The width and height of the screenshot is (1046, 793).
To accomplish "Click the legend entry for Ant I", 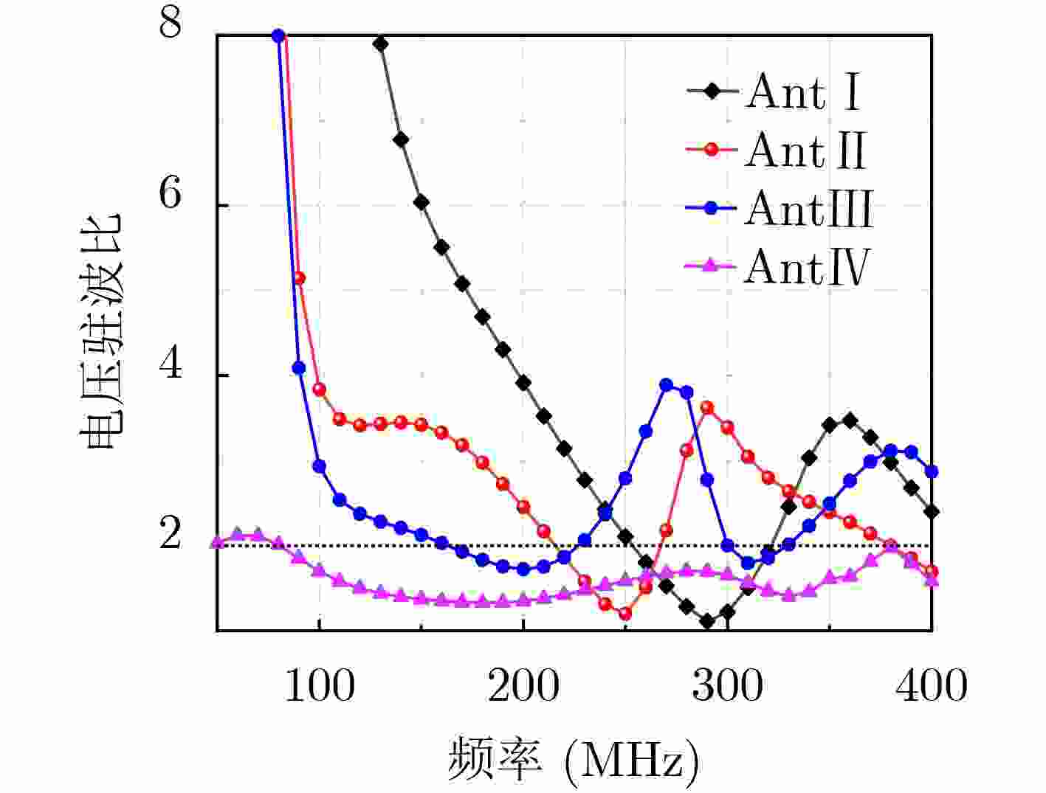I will (802, 92).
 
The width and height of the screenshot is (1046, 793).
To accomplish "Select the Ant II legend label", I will (805, 150).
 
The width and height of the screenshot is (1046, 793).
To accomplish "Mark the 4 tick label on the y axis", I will (171, 365).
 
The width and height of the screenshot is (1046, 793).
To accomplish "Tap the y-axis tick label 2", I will (171, 535).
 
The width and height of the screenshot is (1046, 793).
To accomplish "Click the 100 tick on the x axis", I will (319, 686).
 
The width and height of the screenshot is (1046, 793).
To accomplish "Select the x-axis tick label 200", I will (523, 686).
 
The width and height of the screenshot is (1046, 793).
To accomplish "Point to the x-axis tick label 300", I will (727, 686).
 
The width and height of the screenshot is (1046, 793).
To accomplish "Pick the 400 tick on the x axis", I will (932, 686).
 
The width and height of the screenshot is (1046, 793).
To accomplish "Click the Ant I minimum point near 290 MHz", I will (707, 621).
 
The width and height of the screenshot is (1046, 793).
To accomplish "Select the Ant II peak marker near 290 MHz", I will (707, 407).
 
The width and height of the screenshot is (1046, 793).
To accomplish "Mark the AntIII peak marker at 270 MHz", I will (667, 385).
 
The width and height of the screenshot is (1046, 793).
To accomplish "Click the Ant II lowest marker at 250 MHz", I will (625, 613).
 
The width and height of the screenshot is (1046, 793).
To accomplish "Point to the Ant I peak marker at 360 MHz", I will (850, 420).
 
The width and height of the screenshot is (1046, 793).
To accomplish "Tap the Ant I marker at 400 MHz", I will (932, 511).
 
